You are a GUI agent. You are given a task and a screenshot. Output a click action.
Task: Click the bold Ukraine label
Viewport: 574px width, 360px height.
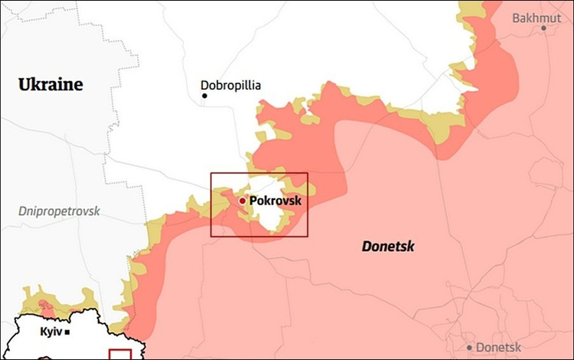51,84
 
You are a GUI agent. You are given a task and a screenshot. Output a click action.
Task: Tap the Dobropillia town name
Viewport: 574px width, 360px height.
230,86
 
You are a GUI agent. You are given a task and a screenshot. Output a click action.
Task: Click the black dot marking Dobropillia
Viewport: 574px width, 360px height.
204,96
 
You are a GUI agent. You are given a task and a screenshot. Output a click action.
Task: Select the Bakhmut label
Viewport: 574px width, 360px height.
536,18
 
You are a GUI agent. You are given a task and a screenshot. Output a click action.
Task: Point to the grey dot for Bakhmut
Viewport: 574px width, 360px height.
544,28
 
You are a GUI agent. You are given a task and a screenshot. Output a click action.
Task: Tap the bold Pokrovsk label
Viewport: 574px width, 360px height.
276,201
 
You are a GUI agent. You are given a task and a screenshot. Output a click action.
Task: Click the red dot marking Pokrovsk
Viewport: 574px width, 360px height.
243,201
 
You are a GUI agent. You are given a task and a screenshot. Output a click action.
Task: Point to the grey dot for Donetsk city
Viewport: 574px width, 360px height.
470,347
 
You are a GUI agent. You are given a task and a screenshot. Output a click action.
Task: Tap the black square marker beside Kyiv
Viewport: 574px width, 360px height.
68,332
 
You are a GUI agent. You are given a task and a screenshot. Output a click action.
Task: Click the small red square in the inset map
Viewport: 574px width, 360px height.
120,355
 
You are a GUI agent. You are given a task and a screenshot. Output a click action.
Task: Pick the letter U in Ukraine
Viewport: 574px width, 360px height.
24,84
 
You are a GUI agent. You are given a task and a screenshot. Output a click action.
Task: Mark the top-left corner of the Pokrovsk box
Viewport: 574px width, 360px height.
211,173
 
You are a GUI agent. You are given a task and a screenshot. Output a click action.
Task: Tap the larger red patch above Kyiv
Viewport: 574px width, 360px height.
47,306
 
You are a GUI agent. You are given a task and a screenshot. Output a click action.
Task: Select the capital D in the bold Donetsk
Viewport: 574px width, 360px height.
367,246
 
